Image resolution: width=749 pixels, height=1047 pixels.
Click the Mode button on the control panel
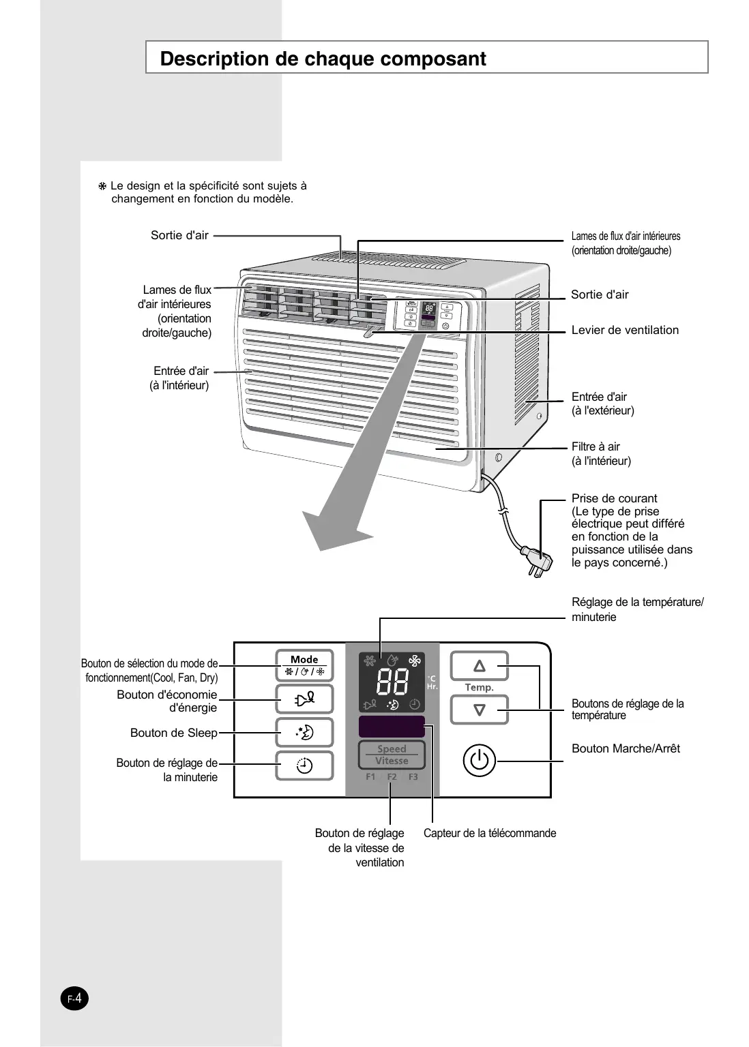[x=304, y=665]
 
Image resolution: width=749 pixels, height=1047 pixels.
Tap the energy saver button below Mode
[x=304, y=699]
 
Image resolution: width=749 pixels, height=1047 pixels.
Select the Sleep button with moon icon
[x=304, y=733]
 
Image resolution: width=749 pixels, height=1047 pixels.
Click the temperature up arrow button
[x=480, y=666]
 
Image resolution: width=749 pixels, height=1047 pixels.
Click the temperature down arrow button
[x=480, y=710]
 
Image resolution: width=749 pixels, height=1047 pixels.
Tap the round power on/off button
[x=480, y=759]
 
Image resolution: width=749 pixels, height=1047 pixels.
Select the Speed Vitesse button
[x=392, y=755]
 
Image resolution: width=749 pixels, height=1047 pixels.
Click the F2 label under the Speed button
[x=392, y=777]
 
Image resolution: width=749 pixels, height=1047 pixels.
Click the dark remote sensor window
[x=392, y=727]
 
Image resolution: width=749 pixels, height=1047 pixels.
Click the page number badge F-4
[x=74, y=999]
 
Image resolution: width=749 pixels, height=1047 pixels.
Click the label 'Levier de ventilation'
[x=625, y=330]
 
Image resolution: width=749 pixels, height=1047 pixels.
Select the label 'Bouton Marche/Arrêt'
[x=626, y=748]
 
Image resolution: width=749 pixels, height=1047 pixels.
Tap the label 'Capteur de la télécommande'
[x=489, y=833]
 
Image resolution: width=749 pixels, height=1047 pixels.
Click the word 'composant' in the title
[x=433, y=59]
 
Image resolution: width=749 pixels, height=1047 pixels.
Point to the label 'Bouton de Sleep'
[x=173, y=733]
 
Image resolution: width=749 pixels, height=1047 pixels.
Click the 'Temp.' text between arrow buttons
[x=479, y=688]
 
